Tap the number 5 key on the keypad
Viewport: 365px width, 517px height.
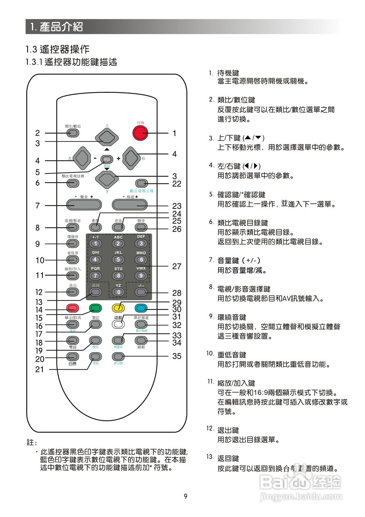(x=118, y=260)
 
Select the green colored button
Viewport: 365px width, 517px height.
(x=95, y=308)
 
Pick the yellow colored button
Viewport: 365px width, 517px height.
(x=118, y=308)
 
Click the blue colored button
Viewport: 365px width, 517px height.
(x=140, y=308)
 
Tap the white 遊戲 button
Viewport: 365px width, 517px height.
(x=118, y=324)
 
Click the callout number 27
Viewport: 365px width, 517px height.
(x=177, y=267)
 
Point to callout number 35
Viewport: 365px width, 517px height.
(x=177, y=357)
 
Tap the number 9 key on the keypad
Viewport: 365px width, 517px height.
(x=141, y=276)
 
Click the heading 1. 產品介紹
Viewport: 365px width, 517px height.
(x=57, y=27)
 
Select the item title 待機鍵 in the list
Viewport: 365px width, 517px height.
(x=228, y=73)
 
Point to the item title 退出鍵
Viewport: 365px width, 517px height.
(x=228, y=430)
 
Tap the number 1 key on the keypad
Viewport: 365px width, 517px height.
(x=95, y=244)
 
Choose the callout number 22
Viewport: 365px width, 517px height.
(x=177, y=184)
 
